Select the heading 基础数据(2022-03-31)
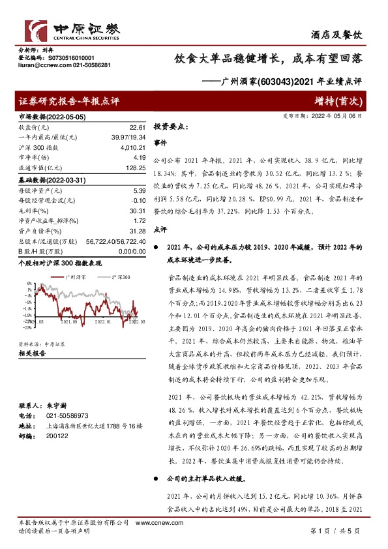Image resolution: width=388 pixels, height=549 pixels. (49, 179)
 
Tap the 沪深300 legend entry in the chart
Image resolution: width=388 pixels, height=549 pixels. (120, 276)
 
